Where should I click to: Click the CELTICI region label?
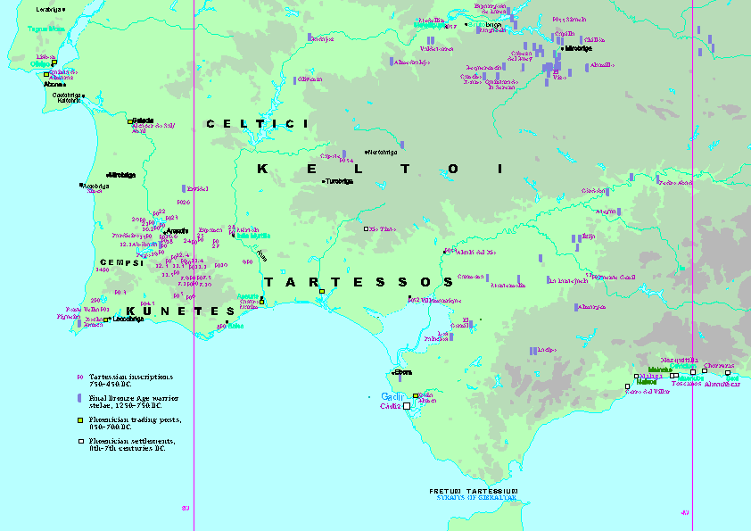pyautogui.click(x=257, y=124)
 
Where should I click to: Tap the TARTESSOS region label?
pyautogui.click(x=359, y=282)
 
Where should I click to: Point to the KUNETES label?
pyautogui.click(x=181, y=311)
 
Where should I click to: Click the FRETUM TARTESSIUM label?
pyautogui.click(x=473, y=492)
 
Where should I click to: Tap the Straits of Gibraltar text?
pyautogui.click(x=473, y=499)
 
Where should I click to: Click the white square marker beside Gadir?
pyautogui.click(x=408, y=406)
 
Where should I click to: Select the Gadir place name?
pyautogui.click(x=392, y=396)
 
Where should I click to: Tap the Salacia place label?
pyautogui.click(x=143, y=120)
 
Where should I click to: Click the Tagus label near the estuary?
pyautogui.click(x=46, y=29)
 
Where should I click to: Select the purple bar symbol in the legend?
pyautogui.click(x=80, y=397)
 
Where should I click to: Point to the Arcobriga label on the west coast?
pyautogui.click(x=95, y=187)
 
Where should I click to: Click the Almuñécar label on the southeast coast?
pyautogui.click(x=721, y=384)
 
